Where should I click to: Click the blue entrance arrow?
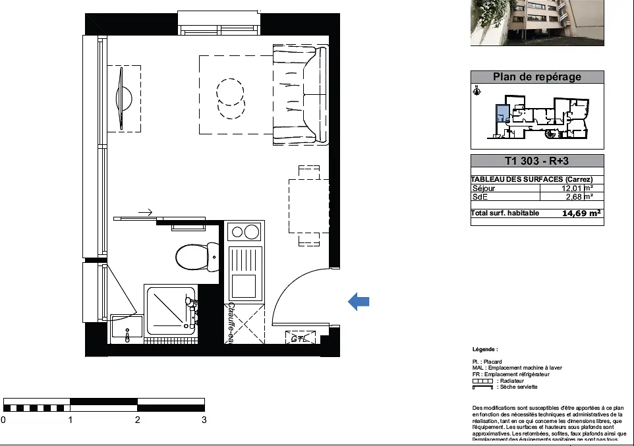[x=359, y=302]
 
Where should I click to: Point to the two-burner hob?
[x=245, y=232]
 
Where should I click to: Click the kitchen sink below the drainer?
[x=245, y=286]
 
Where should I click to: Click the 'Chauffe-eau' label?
[x=231, y=323]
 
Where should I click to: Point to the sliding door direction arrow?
[x=146, y=212]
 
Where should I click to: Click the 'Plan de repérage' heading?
[x=537, y=77]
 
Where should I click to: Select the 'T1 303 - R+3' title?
[x=537, y=161]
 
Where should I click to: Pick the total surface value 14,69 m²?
[x=580, y=213]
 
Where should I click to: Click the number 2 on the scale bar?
[x=137, y=420]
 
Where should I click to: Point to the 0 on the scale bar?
[x=3, y=420]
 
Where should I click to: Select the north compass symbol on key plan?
[x=476, y=91]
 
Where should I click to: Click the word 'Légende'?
[x=485, y=349]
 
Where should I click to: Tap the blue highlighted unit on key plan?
[x=502, y=115]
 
